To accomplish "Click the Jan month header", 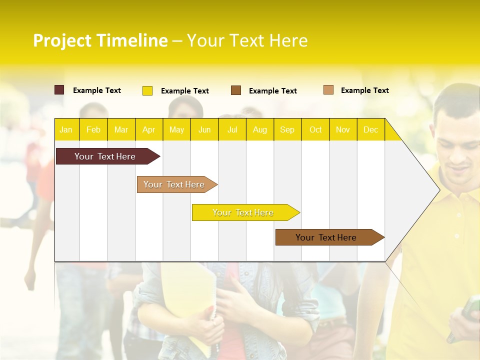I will point(66,129).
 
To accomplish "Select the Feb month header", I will point(93,129).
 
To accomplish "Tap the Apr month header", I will point(148,129).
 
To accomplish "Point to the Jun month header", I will point(204,129).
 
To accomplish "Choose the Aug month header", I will point(259,129).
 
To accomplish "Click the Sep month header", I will point(287,129).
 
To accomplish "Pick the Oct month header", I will point(315,129).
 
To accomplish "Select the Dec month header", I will point(370,129).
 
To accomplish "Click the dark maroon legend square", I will point(59,90).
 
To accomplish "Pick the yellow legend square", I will point(147,90).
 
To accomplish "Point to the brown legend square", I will point(236,90).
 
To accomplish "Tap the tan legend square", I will point(328,90).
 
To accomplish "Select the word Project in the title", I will point(62,40).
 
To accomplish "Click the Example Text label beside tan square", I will point(364,90).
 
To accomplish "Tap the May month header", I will point(176,129).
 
